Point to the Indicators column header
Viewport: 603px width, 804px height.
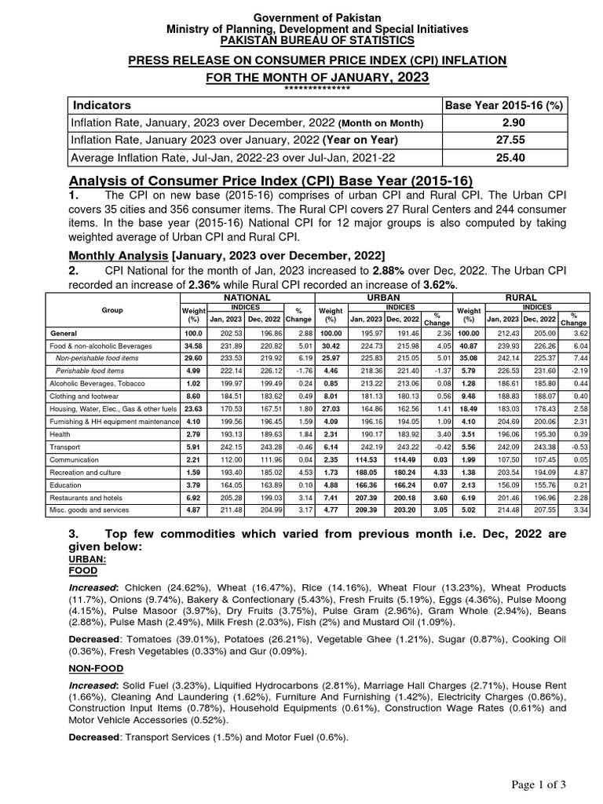tap(102, 105)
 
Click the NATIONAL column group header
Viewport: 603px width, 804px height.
tap(247, 298)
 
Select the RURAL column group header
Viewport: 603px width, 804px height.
tap(521, 298)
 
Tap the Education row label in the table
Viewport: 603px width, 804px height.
tap(63, 484)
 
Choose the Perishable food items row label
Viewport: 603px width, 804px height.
tap(90, 371)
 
